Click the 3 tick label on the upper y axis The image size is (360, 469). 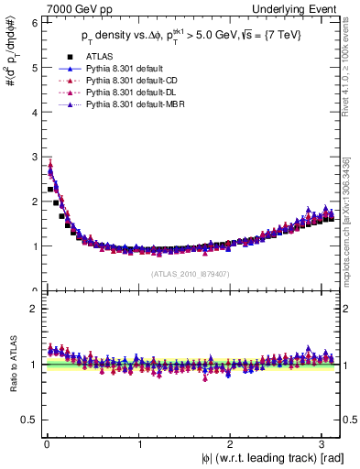pos(32,156)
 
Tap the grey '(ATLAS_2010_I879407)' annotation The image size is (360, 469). pos(190,273)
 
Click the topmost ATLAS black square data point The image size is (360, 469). pos(49,190)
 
